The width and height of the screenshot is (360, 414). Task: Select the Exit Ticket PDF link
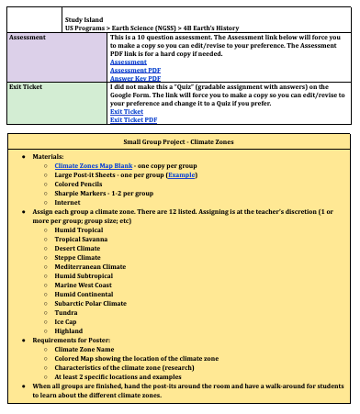click(134, 119)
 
